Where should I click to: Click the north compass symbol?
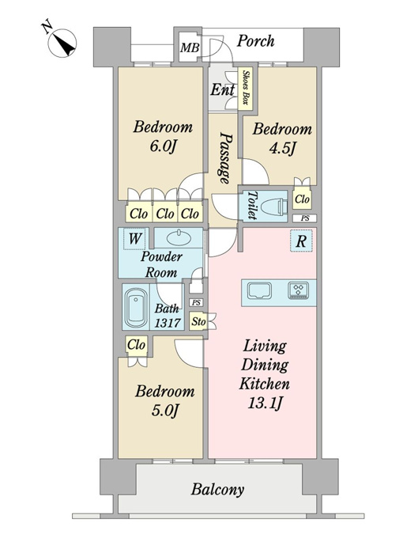pos(62,43)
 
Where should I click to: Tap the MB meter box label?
pos(190,47)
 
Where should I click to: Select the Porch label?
pos(256,41)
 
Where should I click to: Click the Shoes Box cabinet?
pos(246,89)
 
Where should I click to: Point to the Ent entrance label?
pos(222,90)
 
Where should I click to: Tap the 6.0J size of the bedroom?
pos(163,147)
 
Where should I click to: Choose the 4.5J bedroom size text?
pos(282,149)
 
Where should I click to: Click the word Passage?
pos(224,157)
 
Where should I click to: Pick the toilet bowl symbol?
pos(274,207)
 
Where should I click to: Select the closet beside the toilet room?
pos(302,199)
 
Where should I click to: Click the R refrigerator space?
pos(301,241)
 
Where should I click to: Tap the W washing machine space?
pos(134,238)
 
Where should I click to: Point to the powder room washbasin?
pos(179,237)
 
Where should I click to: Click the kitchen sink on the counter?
pos(259,290)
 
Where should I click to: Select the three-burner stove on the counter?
pos(299,290)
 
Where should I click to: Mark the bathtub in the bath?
pos(136,307)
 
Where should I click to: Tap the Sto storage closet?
pos(198,321)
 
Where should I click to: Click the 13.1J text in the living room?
pos(265,403)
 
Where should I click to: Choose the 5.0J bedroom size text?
pos(165,411)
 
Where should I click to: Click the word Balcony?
pos(217,489)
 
